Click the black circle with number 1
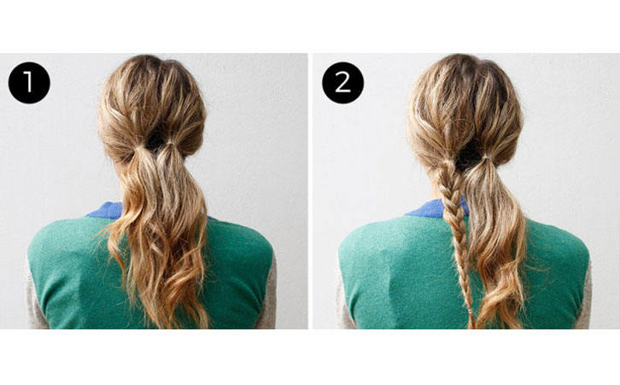(29, 82)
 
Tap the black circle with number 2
(342, 82)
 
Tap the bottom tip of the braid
(471, 328)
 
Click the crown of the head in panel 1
(152, 65)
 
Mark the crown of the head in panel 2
(466, 64)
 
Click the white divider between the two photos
(310, 191)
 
